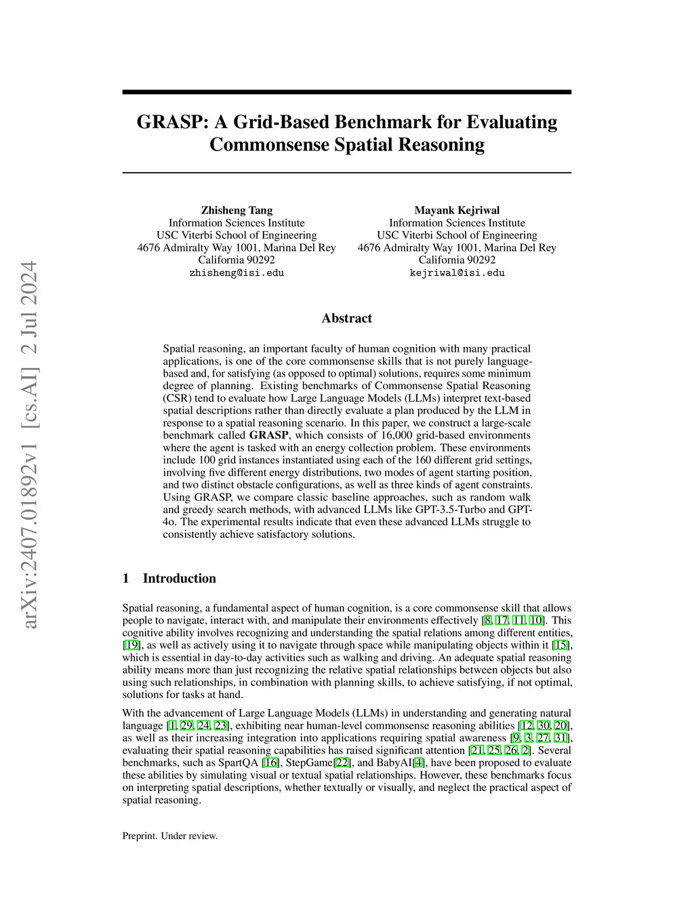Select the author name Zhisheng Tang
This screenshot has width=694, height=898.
tap(237, 210)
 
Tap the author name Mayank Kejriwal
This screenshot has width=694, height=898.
tap(457, 210)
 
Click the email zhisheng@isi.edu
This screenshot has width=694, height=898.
tap(237, 273)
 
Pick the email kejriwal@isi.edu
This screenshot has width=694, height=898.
tap(457, 273)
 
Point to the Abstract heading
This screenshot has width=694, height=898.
tap(346, 319)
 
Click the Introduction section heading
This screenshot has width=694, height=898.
tap(179, 578)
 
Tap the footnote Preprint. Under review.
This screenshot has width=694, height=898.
tap(170, 836)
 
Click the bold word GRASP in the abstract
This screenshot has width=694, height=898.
tap(268, 435)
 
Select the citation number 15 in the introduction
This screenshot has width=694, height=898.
tap(560, 645)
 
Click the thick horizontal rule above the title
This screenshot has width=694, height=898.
tap(346, 92)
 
